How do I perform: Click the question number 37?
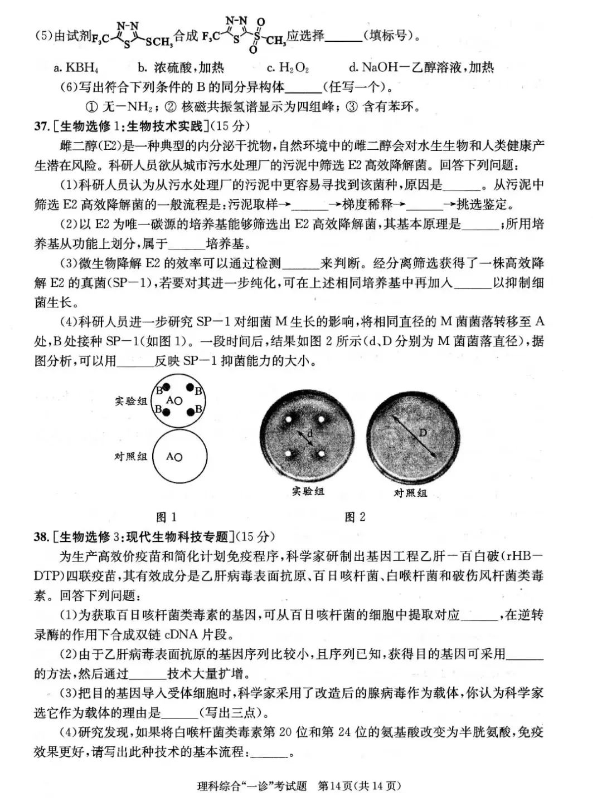pyautogui.click(x=42, y=126)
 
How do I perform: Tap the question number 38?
pyautogui.click(x=42, y=536)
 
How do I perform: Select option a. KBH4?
pyautogui.click(x=76, y=68)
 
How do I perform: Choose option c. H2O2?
pyautogui.click(x=288, y=68)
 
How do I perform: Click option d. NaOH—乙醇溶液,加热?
pyautogui.click(x=421, y=68)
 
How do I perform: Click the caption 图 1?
pyautogui.click(x=166, y=517)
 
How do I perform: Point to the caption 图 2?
pyautogui.click(x=355, y=517)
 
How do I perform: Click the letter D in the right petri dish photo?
pyautogui.click(x=423, y=433)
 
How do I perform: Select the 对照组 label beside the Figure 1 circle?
pyautogui.click(x=131, y=456)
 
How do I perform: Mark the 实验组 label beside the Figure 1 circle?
pyautogui.click(x=131, y=400)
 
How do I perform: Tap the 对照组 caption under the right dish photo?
pyautogui.click(x=410, y=493)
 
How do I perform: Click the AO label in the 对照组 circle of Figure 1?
pyautogui.click(x=174, y=457)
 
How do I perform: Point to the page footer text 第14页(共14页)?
pyautogui.click(x=359, y=786)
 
